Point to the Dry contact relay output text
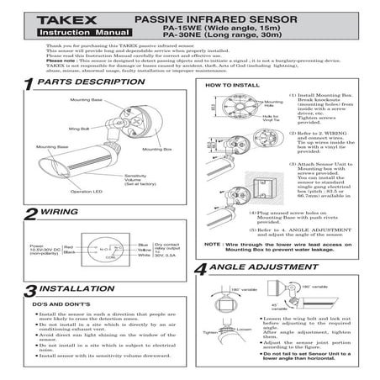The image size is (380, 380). pyautogui.click(x=172, y=251)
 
